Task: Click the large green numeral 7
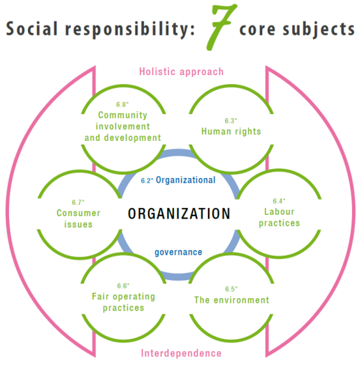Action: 221,27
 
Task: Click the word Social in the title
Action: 32,29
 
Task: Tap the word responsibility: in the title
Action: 130,30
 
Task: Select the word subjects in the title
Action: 319,29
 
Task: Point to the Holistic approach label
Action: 181,72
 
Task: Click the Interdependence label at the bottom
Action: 181,353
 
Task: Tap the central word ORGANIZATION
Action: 179,213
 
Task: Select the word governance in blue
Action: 179,252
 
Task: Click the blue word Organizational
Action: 185,180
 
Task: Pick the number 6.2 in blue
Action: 147,181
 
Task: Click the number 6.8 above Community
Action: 122,104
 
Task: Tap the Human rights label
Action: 231,131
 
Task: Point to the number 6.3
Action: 231,121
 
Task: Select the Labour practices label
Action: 279,217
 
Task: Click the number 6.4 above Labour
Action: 279,201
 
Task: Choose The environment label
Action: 232,300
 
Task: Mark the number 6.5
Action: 232,289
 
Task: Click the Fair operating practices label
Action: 123,302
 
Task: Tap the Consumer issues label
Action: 78,219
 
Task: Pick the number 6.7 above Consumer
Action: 78,202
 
